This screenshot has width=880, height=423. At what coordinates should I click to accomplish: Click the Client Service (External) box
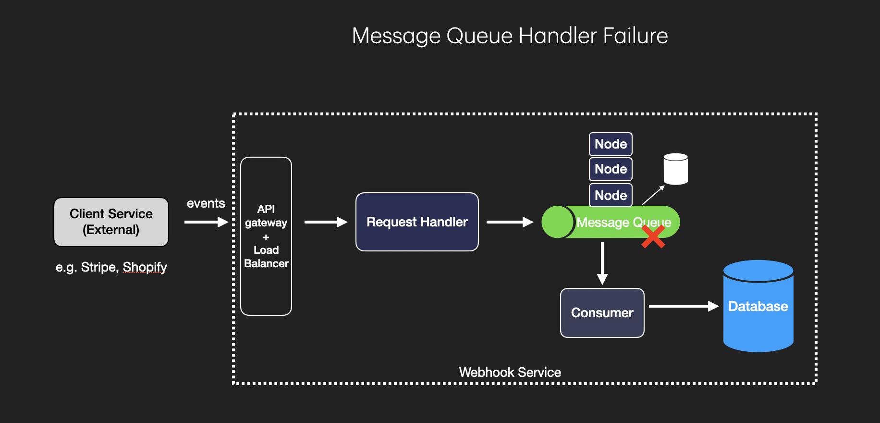coord(111,222)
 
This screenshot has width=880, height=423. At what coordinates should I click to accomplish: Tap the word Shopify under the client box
coord(145,267)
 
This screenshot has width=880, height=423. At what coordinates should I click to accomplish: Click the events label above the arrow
coord(206,203)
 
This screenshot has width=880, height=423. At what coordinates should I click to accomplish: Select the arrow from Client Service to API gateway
coord(206,222)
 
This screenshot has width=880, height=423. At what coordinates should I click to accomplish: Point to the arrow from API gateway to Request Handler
coord(325,222)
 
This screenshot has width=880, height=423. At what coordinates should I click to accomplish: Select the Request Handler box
coord(417,222)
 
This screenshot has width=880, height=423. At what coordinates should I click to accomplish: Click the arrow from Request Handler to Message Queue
coord(509,222)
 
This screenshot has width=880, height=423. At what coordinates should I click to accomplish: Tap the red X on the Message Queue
coord(653,236)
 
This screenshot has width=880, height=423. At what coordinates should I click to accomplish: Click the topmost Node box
coord(611,144)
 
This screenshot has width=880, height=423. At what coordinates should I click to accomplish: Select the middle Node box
coord(611,169)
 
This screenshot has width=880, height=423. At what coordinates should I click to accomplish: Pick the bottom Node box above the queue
coord(611,195)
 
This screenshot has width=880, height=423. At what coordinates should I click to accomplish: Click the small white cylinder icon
coord(675,169)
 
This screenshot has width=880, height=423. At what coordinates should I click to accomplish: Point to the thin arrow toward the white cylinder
coord(653,195)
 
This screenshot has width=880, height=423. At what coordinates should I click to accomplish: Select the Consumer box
coord(602,313)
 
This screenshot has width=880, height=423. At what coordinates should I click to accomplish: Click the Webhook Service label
coord(510,373)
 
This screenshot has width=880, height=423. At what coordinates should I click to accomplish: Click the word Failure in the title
coord(635,36)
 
